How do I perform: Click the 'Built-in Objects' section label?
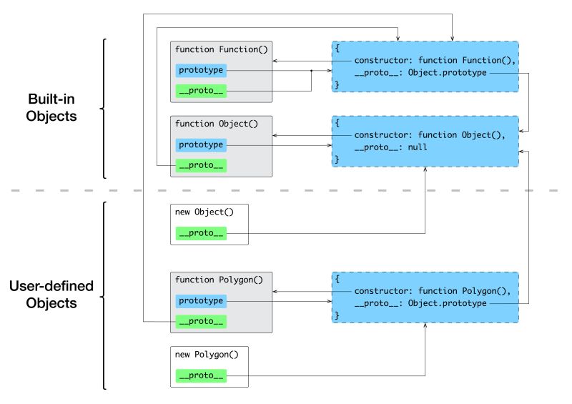click(51, 107)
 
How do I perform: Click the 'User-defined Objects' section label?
click(51, 294)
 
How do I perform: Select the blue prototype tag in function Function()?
click(201, 70)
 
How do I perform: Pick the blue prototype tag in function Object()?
click(201, 144)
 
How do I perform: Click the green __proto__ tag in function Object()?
click(201, 165)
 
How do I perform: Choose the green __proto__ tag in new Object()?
click(201, 233)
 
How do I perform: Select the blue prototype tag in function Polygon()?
click(201, 301)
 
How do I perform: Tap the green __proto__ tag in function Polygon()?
click(201, 322)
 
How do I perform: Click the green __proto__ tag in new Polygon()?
click(201, 375)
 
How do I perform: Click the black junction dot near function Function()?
click(312, 71)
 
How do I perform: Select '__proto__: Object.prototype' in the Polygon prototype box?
click(420, 303)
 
